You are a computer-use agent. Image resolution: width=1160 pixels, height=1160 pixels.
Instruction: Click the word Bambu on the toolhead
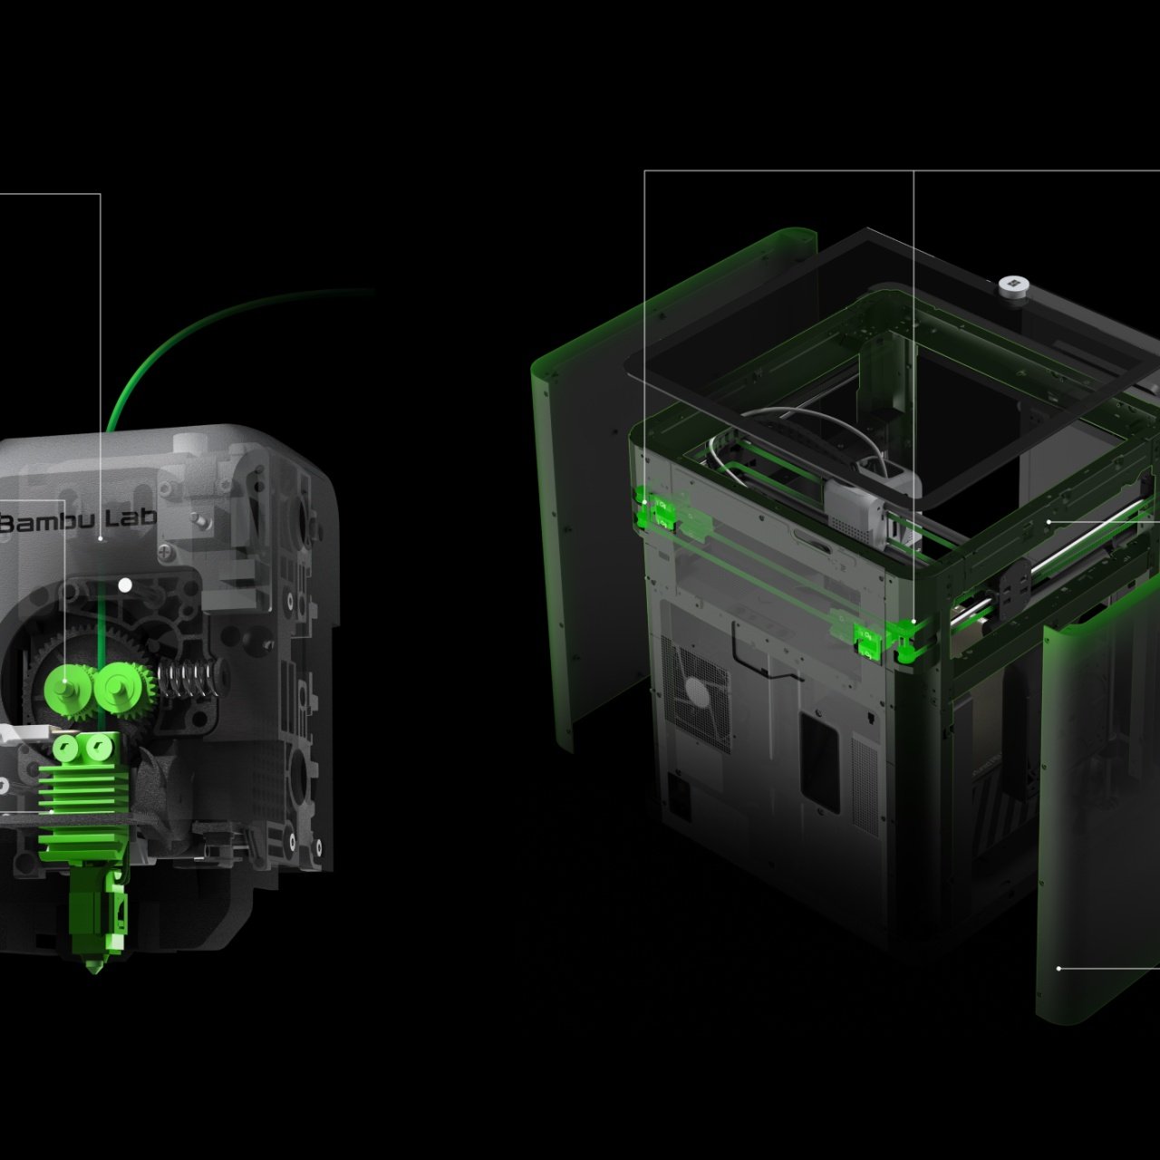(x=45, y=522)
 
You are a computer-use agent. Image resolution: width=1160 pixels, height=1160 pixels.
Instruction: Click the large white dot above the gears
(x=125, y=585)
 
